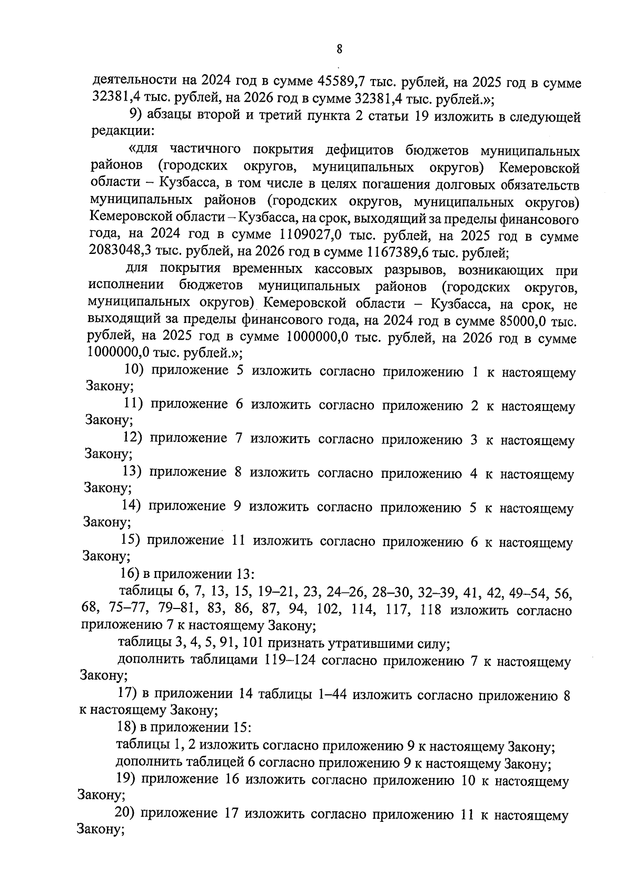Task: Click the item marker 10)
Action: (134, 371)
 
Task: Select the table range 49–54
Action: (526, 593)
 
